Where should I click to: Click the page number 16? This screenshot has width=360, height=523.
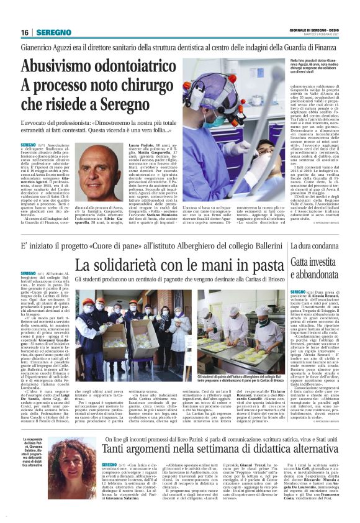pyautogui.click(x=25, y=32)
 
